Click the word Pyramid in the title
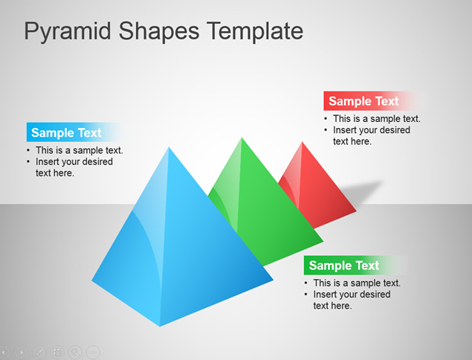(x=68, y=32)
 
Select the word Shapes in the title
(x=159, y=32)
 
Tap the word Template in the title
(x=255, y=30)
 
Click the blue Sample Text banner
(x=75, y=132)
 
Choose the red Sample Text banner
(x=373, y=101)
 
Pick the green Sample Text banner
(x=354, y=266)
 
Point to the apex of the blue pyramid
(x=169, y=147)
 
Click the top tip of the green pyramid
(x=242, y=138)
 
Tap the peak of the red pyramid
(x=302, y=142)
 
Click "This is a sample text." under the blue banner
(x=80, y=150)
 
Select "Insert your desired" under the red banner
(x=372, y=130)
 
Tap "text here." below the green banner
(x=332, y=306)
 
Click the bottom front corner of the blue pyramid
(x=160, y=327)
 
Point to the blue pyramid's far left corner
(x=92, y=280)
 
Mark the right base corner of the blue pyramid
(x=274, y=280)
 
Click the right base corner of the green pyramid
(x=323, y=241)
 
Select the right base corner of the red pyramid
(x=356, y=211)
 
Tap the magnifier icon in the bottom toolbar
(x=75, y=352)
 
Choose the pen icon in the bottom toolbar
(x=39, y=352)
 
